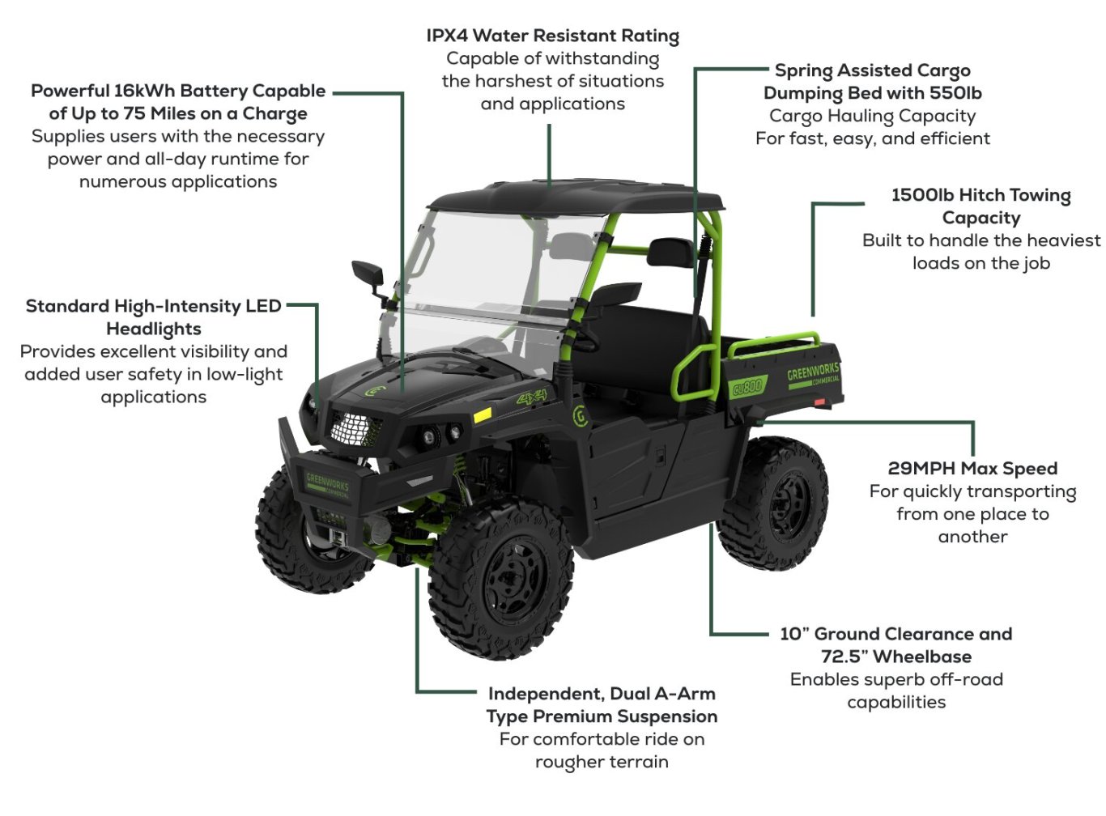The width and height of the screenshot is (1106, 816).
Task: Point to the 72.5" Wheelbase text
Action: point(896,657)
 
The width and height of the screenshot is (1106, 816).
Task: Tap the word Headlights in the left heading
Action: point(154,329)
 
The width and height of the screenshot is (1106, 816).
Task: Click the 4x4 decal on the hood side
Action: point(532,398)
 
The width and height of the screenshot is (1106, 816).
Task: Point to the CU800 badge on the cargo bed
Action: point(747,388)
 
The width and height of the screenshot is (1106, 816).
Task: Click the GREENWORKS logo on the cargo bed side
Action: point(812,373)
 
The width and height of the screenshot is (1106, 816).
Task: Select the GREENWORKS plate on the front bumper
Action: point(328,485)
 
